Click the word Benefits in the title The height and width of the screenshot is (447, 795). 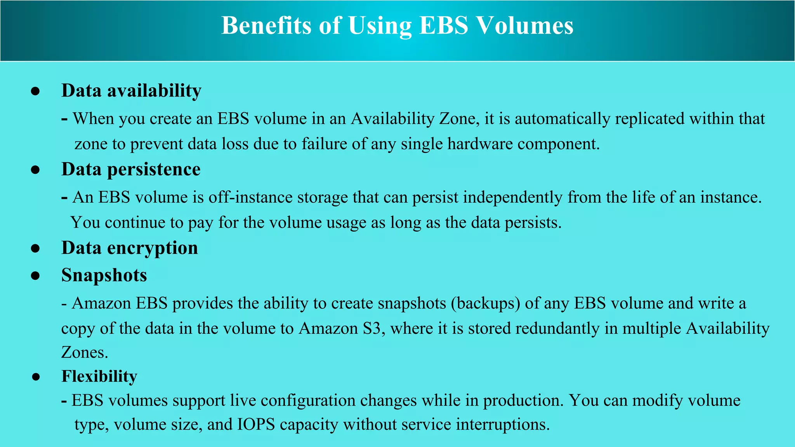tap(266, 26)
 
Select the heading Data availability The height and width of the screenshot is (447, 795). tap(131, 91)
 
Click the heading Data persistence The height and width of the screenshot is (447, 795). tap(131, 170)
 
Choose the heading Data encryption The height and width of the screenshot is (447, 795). tap(130, 248)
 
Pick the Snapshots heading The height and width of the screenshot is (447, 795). tap(104, 275)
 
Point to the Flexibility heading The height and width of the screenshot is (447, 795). tap(99, 376)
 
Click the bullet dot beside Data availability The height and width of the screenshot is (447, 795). tap(35, 91)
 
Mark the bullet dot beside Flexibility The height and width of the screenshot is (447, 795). tap(36, 377)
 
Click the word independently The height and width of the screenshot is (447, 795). tap(512, 198)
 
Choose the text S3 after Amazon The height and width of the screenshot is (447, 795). tap(371, 329)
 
